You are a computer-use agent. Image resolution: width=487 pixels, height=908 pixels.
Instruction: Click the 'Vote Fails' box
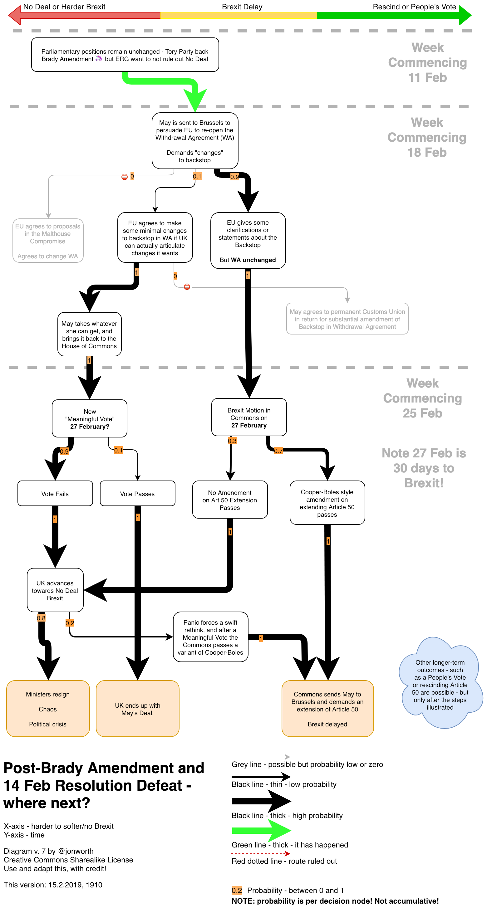[x=55, y=494]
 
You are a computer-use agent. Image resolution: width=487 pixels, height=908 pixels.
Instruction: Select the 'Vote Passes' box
[x=138, y=494]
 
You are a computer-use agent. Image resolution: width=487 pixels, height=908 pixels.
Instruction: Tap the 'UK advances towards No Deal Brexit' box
[x=55, y=590]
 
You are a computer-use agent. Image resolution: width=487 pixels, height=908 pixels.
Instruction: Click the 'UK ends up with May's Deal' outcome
[x=138, y=709]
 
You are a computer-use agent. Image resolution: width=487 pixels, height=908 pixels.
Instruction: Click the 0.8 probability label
[x=41, y=618]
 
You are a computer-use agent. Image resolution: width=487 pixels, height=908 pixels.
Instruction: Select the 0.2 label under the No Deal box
[x=70, y=623]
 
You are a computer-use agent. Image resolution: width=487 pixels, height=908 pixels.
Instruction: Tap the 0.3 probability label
[x=232, y=441]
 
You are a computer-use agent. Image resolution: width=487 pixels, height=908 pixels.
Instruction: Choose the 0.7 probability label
[x=278, y=451]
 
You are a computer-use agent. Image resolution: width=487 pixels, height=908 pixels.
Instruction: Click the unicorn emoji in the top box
[x=99, y=59]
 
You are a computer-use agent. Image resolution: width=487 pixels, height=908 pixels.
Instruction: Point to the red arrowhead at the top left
[x=15, y=15]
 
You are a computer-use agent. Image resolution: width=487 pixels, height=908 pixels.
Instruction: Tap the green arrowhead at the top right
[x=465, y=15]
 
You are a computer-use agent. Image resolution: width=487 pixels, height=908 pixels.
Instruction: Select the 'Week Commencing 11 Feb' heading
[x=427, y=62]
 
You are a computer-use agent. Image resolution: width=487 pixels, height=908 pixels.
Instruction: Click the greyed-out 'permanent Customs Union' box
[x=347, y=319]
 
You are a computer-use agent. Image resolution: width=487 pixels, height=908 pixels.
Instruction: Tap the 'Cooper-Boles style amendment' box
[x=327, y=503]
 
